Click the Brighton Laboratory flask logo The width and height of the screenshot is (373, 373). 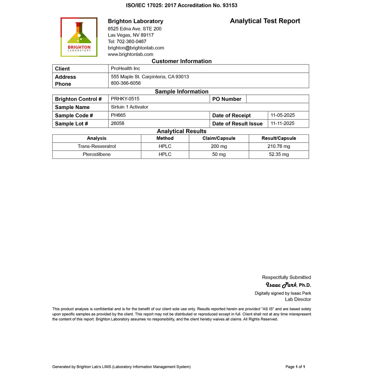click(79, 37)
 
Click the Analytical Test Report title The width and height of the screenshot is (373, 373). click(265, 21)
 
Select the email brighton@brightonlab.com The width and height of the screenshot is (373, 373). click(136, 48)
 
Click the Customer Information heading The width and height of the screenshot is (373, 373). click(182, 61)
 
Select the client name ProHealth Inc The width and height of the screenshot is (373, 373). click(126, 68)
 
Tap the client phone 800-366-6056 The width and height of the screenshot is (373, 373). click(126, 83)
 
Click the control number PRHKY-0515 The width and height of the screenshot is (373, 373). click(125, 99)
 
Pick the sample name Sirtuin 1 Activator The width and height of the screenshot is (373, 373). click(129, 107)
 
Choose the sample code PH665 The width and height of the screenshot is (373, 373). click(118, 115)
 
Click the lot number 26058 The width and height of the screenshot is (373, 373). click(117, 123)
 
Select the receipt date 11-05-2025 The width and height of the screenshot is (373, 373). click(283, 115)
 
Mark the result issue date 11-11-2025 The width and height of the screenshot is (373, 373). click(283, 123)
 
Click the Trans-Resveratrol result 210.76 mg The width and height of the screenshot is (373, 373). click(279, 146)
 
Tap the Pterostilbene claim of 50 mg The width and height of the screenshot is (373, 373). click(219, 154)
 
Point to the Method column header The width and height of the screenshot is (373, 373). click(165, 138)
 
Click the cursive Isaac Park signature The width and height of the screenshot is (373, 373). click(283, 285)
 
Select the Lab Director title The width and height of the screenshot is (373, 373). click(298, 299)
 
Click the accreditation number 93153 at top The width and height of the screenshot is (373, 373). click(230, 5)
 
